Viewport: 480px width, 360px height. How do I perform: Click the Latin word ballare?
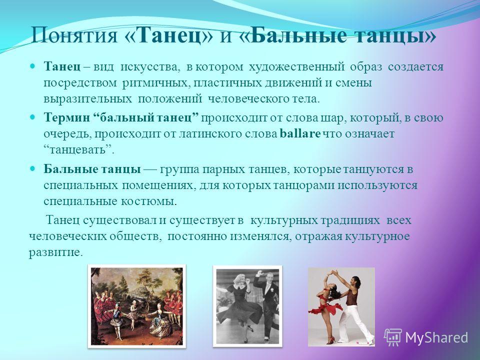point(300,134)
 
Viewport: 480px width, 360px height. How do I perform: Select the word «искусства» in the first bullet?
point(148,67)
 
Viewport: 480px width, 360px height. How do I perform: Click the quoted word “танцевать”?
point(78,150)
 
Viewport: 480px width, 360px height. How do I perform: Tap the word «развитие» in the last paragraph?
point(55,253)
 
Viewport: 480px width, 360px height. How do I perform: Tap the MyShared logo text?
point(437,337)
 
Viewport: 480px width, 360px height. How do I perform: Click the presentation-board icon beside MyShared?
point(393,337)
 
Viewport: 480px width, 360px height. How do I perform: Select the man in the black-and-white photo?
point(265,303)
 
